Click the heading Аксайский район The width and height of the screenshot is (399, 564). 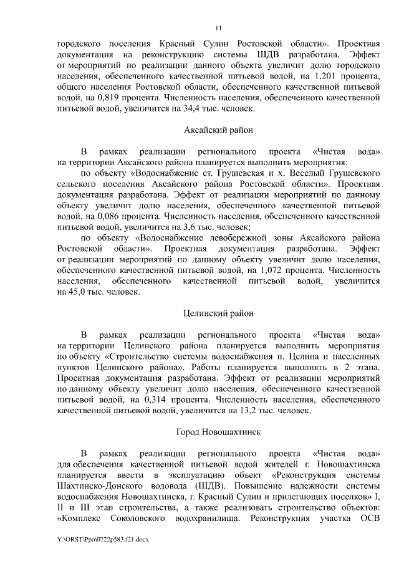click(x=218, y=130)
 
